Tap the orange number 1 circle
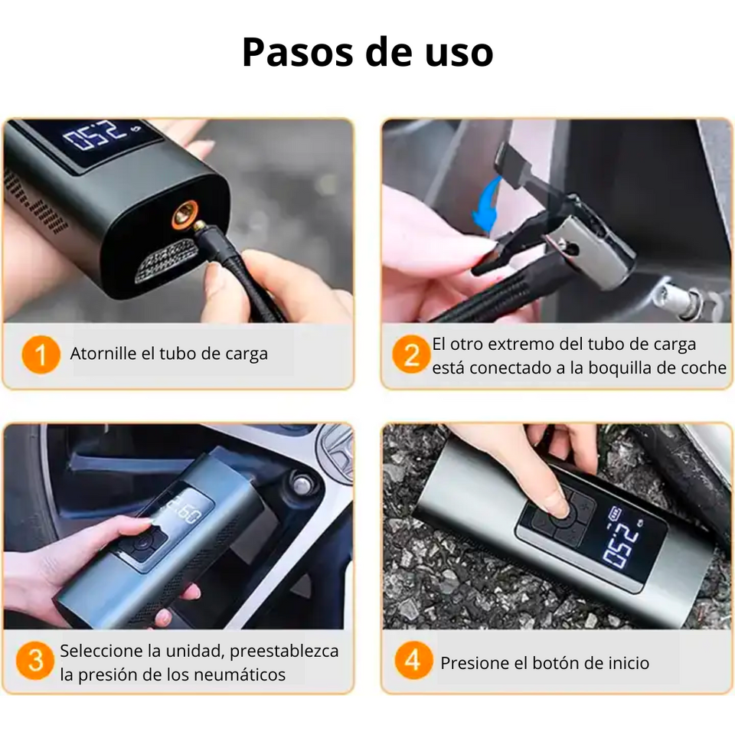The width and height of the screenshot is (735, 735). coord(40,354)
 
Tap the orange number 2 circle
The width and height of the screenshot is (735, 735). coord(412,354)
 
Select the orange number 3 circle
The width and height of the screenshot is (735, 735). coord(35,661)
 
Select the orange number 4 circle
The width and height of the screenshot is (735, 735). coord(413,661)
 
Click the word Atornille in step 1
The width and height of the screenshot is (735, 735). coord(102,354)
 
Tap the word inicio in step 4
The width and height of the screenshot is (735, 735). coord(625,663)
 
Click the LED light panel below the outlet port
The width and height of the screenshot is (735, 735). coord(166,259)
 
